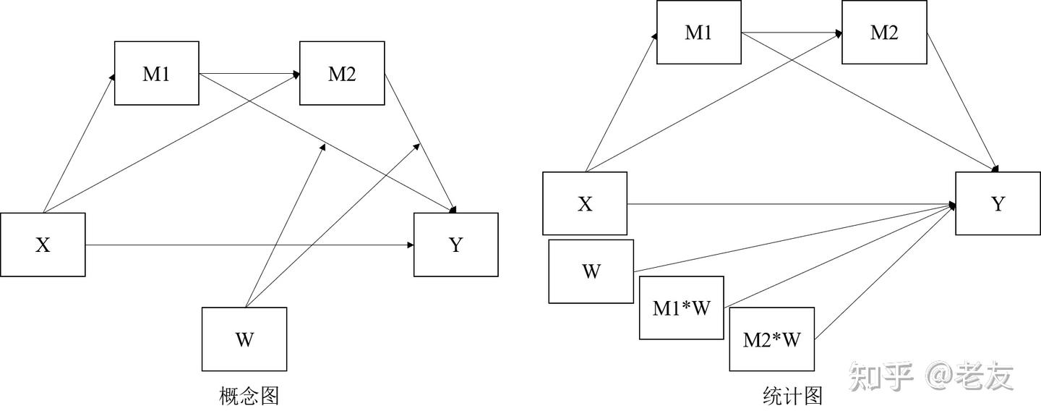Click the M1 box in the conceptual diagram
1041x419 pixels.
coord(156,73)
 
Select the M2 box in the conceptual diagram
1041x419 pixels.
coord(342,73)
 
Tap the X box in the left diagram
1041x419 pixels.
coord(43,245)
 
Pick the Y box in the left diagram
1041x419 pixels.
coord(455,245)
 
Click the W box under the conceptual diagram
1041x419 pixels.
coord(244,339)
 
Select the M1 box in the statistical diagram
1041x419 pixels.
coord(698,32)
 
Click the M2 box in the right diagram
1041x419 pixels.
coord(884,32)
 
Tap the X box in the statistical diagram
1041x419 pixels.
coord(585,203)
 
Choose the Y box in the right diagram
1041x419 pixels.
coord(998,203)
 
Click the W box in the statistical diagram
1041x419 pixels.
coord(591,271)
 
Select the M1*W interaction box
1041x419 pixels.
coord(681,308)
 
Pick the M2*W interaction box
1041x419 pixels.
coord(771,339)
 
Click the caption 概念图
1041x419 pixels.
coord(249,396)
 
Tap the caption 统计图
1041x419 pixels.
coord(792,396)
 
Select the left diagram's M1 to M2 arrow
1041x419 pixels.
coord(249,73)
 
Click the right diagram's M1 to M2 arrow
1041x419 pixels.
coord(792,33)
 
